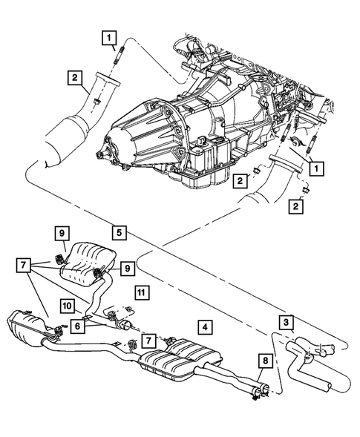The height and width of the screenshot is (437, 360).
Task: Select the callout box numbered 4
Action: coord(202,325)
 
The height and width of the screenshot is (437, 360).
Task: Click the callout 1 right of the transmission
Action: coord(316,168)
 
